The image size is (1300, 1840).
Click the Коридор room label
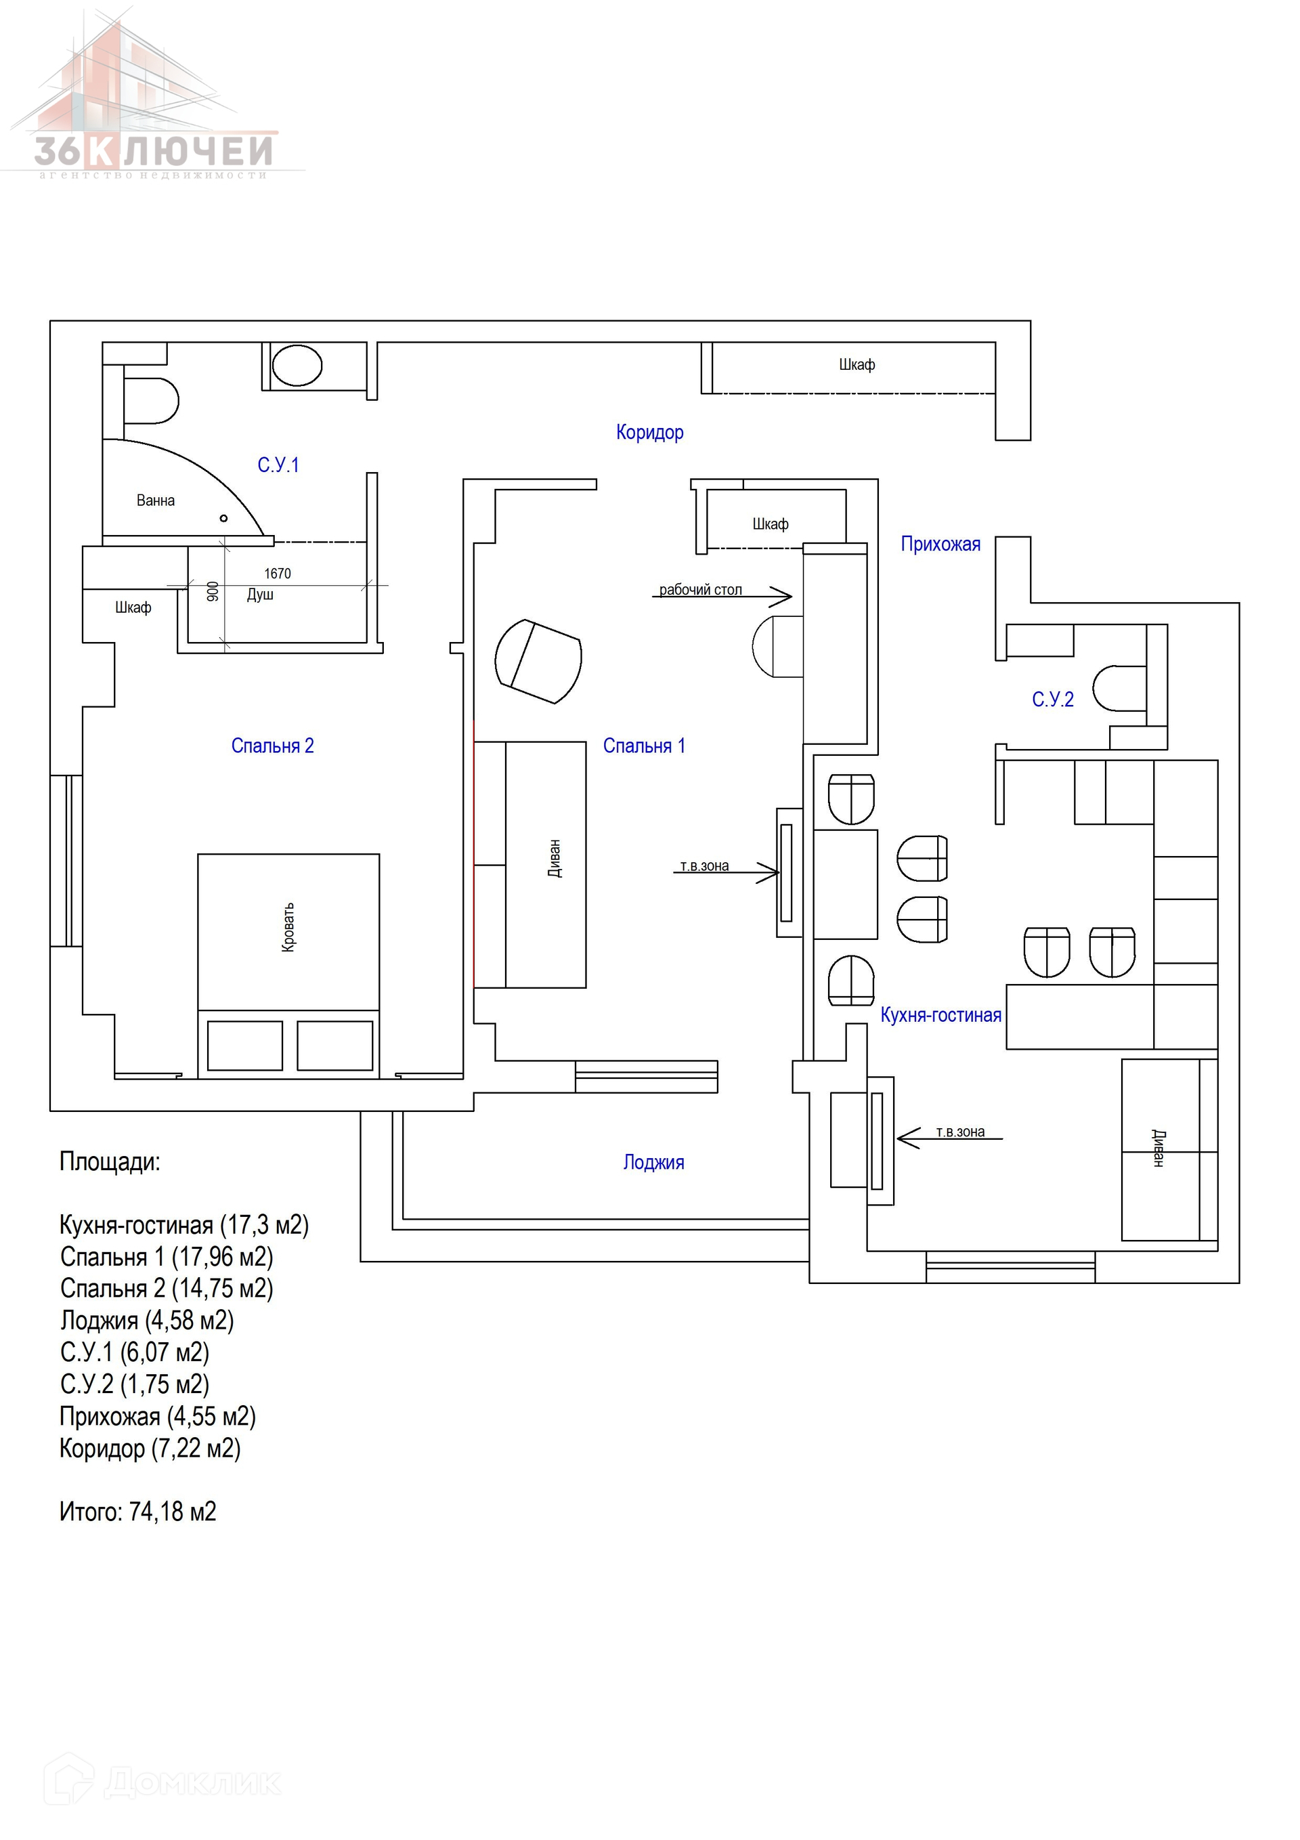tap(649, 433)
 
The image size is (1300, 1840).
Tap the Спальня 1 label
tap(644, 746)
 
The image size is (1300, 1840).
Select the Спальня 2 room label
tap(272, 746)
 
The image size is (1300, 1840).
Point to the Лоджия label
tap(653, 1163)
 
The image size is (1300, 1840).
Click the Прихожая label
tap(940, 545)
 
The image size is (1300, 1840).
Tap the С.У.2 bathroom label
tap(1052, 700)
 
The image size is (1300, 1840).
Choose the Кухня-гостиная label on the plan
tap(941, 1015)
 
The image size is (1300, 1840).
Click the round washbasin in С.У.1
tap(297, 366)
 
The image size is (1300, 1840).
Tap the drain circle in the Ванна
tap(223, 519)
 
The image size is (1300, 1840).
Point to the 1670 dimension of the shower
tap(278, 574)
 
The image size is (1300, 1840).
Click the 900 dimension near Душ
tap(213, 591)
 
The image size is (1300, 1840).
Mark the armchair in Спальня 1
tap(538, 661)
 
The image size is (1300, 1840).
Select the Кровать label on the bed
tap(288, 927)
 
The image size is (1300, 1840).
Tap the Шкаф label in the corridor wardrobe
tap(857, 364)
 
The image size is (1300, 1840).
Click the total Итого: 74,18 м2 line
tap(138, 1512)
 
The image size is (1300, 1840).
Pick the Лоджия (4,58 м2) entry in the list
tap(147, 1321)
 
